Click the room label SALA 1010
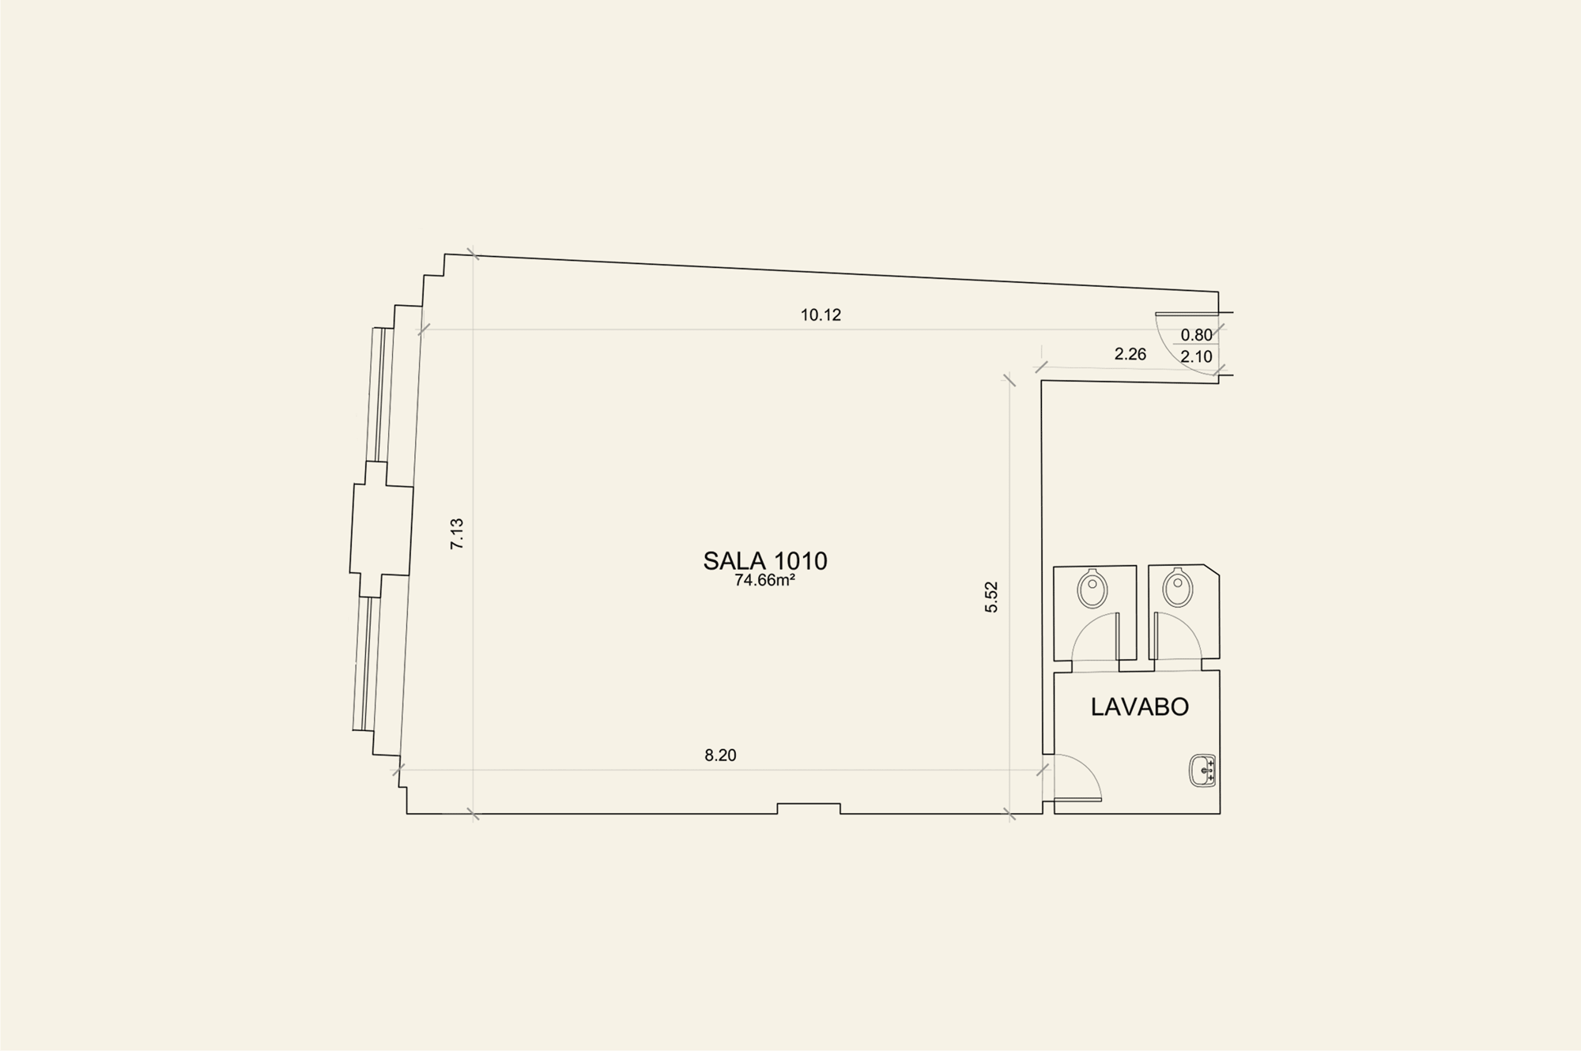click(x=765, y=560)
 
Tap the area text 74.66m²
click(x=764, y=580)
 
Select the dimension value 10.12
click(x=821, y=315)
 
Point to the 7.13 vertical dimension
click(x=457, y=533)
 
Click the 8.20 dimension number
click(x=720, y=755)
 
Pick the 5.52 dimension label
click(x=991, y=597)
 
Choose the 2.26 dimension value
click(x=1130, y=354)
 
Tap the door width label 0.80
click(x=1197, y=335)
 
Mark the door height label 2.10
click(x=1197, y=356)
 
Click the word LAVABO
click(x=1140, y=706)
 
